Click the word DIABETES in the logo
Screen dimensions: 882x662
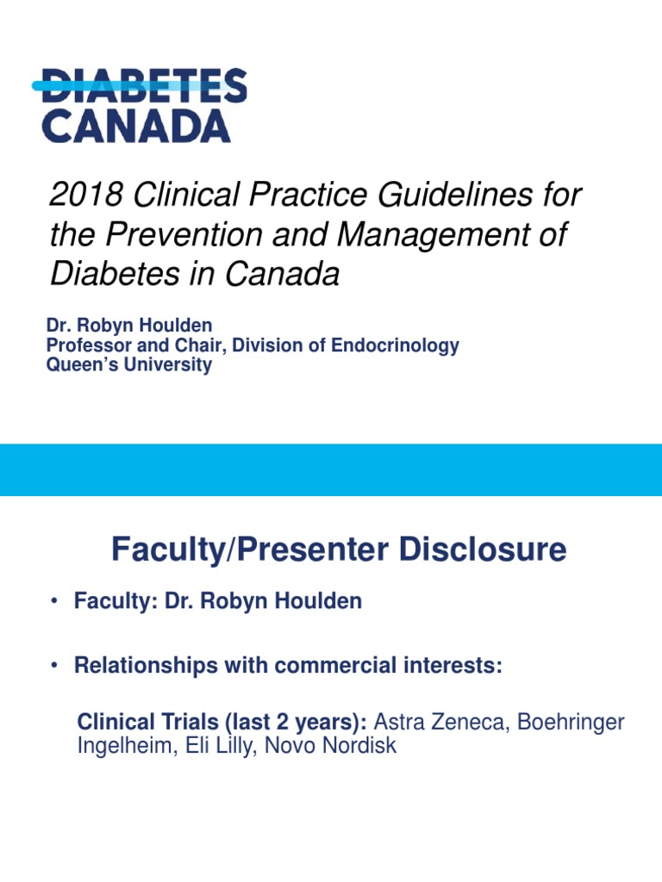click(144, 85)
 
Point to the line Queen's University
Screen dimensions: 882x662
click(128, 365)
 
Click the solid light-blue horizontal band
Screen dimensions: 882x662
click(331, 469)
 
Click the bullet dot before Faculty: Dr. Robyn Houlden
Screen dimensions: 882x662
click(53, 602)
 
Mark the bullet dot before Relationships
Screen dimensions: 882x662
click(53, 666)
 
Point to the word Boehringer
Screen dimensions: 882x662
click(571, 722)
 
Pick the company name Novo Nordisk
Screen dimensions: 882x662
click(331, 746)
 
